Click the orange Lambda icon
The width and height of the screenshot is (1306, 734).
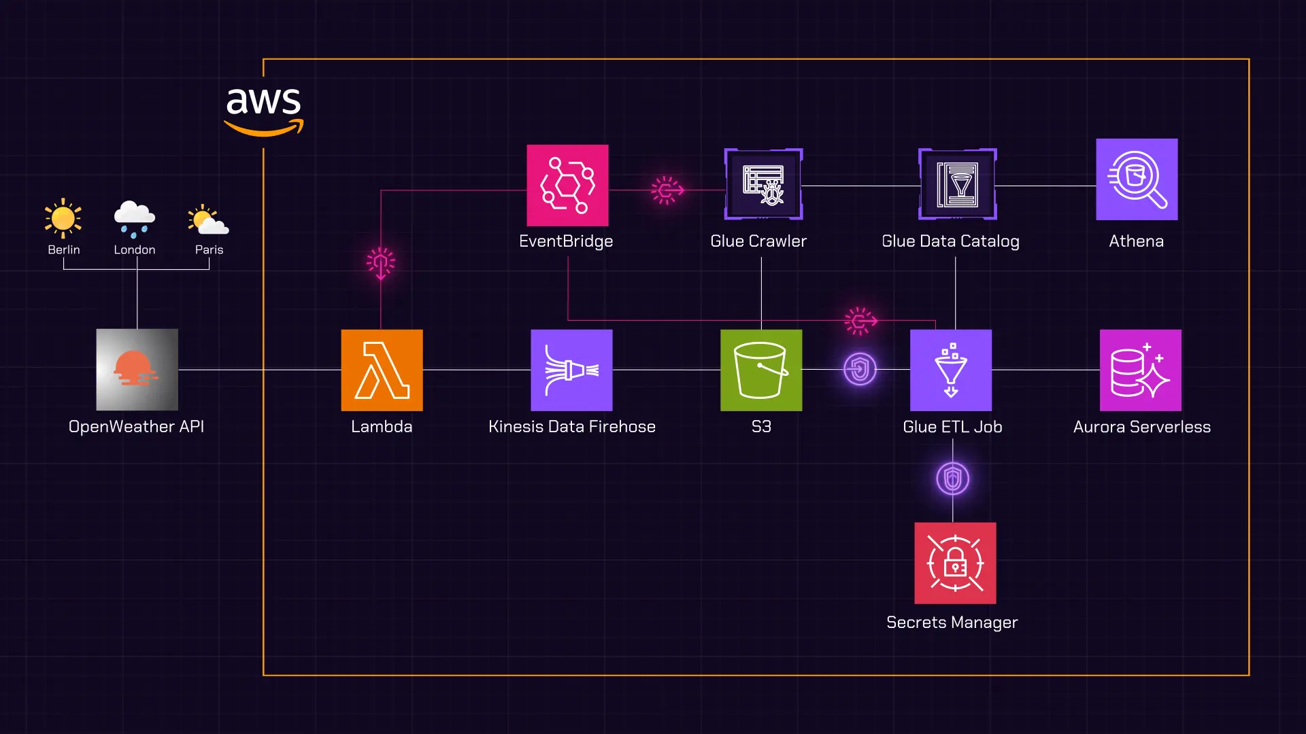pos(382,370)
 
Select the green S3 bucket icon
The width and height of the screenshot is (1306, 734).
pos(761,370)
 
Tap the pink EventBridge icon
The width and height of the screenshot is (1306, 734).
pos(567,186)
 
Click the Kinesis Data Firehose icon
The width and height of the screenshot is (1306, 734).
pos(571,370)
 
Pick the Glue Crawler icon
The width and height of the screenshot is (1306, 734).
pos(763,184)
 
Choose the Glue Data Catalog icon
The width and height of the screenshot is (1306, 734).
pos(958,184)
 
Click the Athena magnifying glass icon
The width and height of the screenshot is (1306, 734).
pos(1137,179)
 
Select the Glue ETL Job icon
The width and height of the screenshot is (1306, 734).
pos(951,370)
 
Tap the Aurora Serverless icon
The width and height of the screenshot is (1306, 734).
pos(1141,370)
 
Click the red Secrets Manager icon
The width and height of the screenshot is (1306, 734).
pos(955,563)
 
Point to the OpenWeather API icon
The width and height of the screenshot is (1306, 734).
pos(137,370)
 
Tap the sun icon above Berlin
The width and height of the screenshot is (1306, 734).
pos(63,218)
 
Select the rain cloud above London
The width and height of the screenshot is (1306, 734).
pos(135,219)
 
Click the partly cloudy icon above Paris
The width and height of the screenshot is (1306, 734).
pos(208,220)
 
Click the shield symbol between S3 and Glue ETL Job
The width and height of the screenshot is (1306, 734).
pos(860,370)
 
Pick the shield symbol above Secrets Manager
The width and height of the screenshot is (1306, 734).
pos(952,479)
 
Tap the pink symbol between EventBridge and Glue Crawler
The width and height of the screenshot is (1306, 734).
pos(667,190)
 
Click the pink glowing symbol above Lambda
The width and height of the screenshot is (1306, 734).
pos(381,263)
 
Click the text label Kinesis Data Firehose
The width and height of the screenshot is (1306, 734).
pos(572,427)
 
